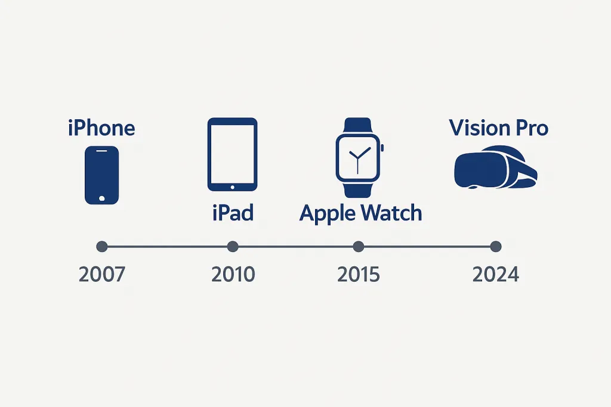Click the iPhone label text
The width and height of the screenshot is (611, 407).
point(101,128)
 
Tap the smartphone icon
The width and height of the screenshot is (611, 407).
point(101,175)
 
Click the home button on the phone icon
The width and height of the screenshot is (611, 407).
point(102,198)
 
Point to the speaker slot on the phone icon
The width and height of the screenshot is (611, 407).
point(101,151)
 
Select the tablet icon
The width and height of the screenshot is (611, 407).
point(232,154)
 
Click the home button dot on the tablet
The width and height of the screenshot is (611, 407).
point(233,187)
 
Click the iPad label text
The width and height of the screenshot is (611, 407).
point(233,213)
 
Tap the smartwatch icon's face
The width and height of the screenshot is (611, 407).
point(358,158)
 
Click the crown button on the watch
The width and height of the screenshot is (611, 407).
point(382,148)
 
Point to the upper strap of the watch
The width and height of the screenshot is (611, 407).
point(358,126)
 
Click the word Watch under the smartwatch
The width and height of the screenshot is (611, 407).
point(391,213)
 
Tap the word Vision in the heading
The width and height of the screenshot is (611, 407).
point(480,128)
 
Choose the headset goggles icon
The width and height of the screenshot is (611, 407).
point(496,167)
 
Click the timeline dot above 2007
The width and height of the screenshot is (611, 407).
point(101,246)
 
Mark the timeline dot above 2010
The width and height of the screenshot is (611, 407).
point(233,246)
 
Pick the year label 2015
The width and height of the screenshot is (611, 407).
point(358,274)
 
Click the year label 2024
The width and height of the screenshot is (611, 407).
point(496,274)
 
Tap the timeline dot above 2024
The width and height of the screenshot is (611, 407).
point(496,246)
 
